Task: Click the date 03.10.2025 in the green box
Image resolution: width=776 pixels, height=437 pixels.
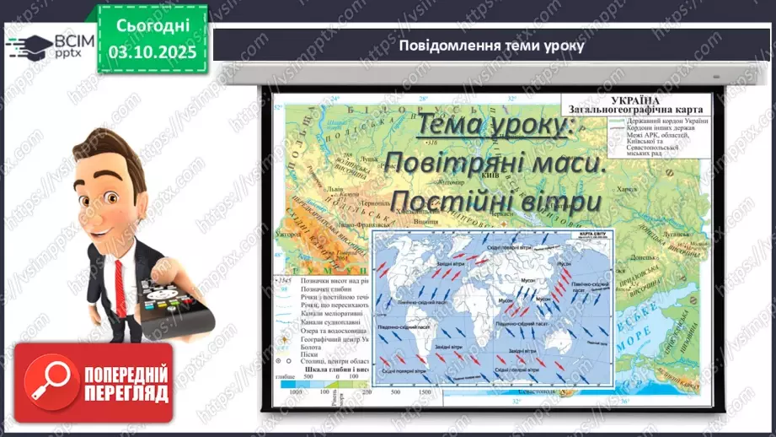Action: coord(152,51)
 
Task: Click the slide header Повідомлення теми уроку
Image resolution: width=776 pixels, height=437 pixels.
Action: coord(492,45)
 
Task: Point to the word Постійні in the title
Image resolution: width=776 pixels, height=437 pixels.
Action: coord(452,202)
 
